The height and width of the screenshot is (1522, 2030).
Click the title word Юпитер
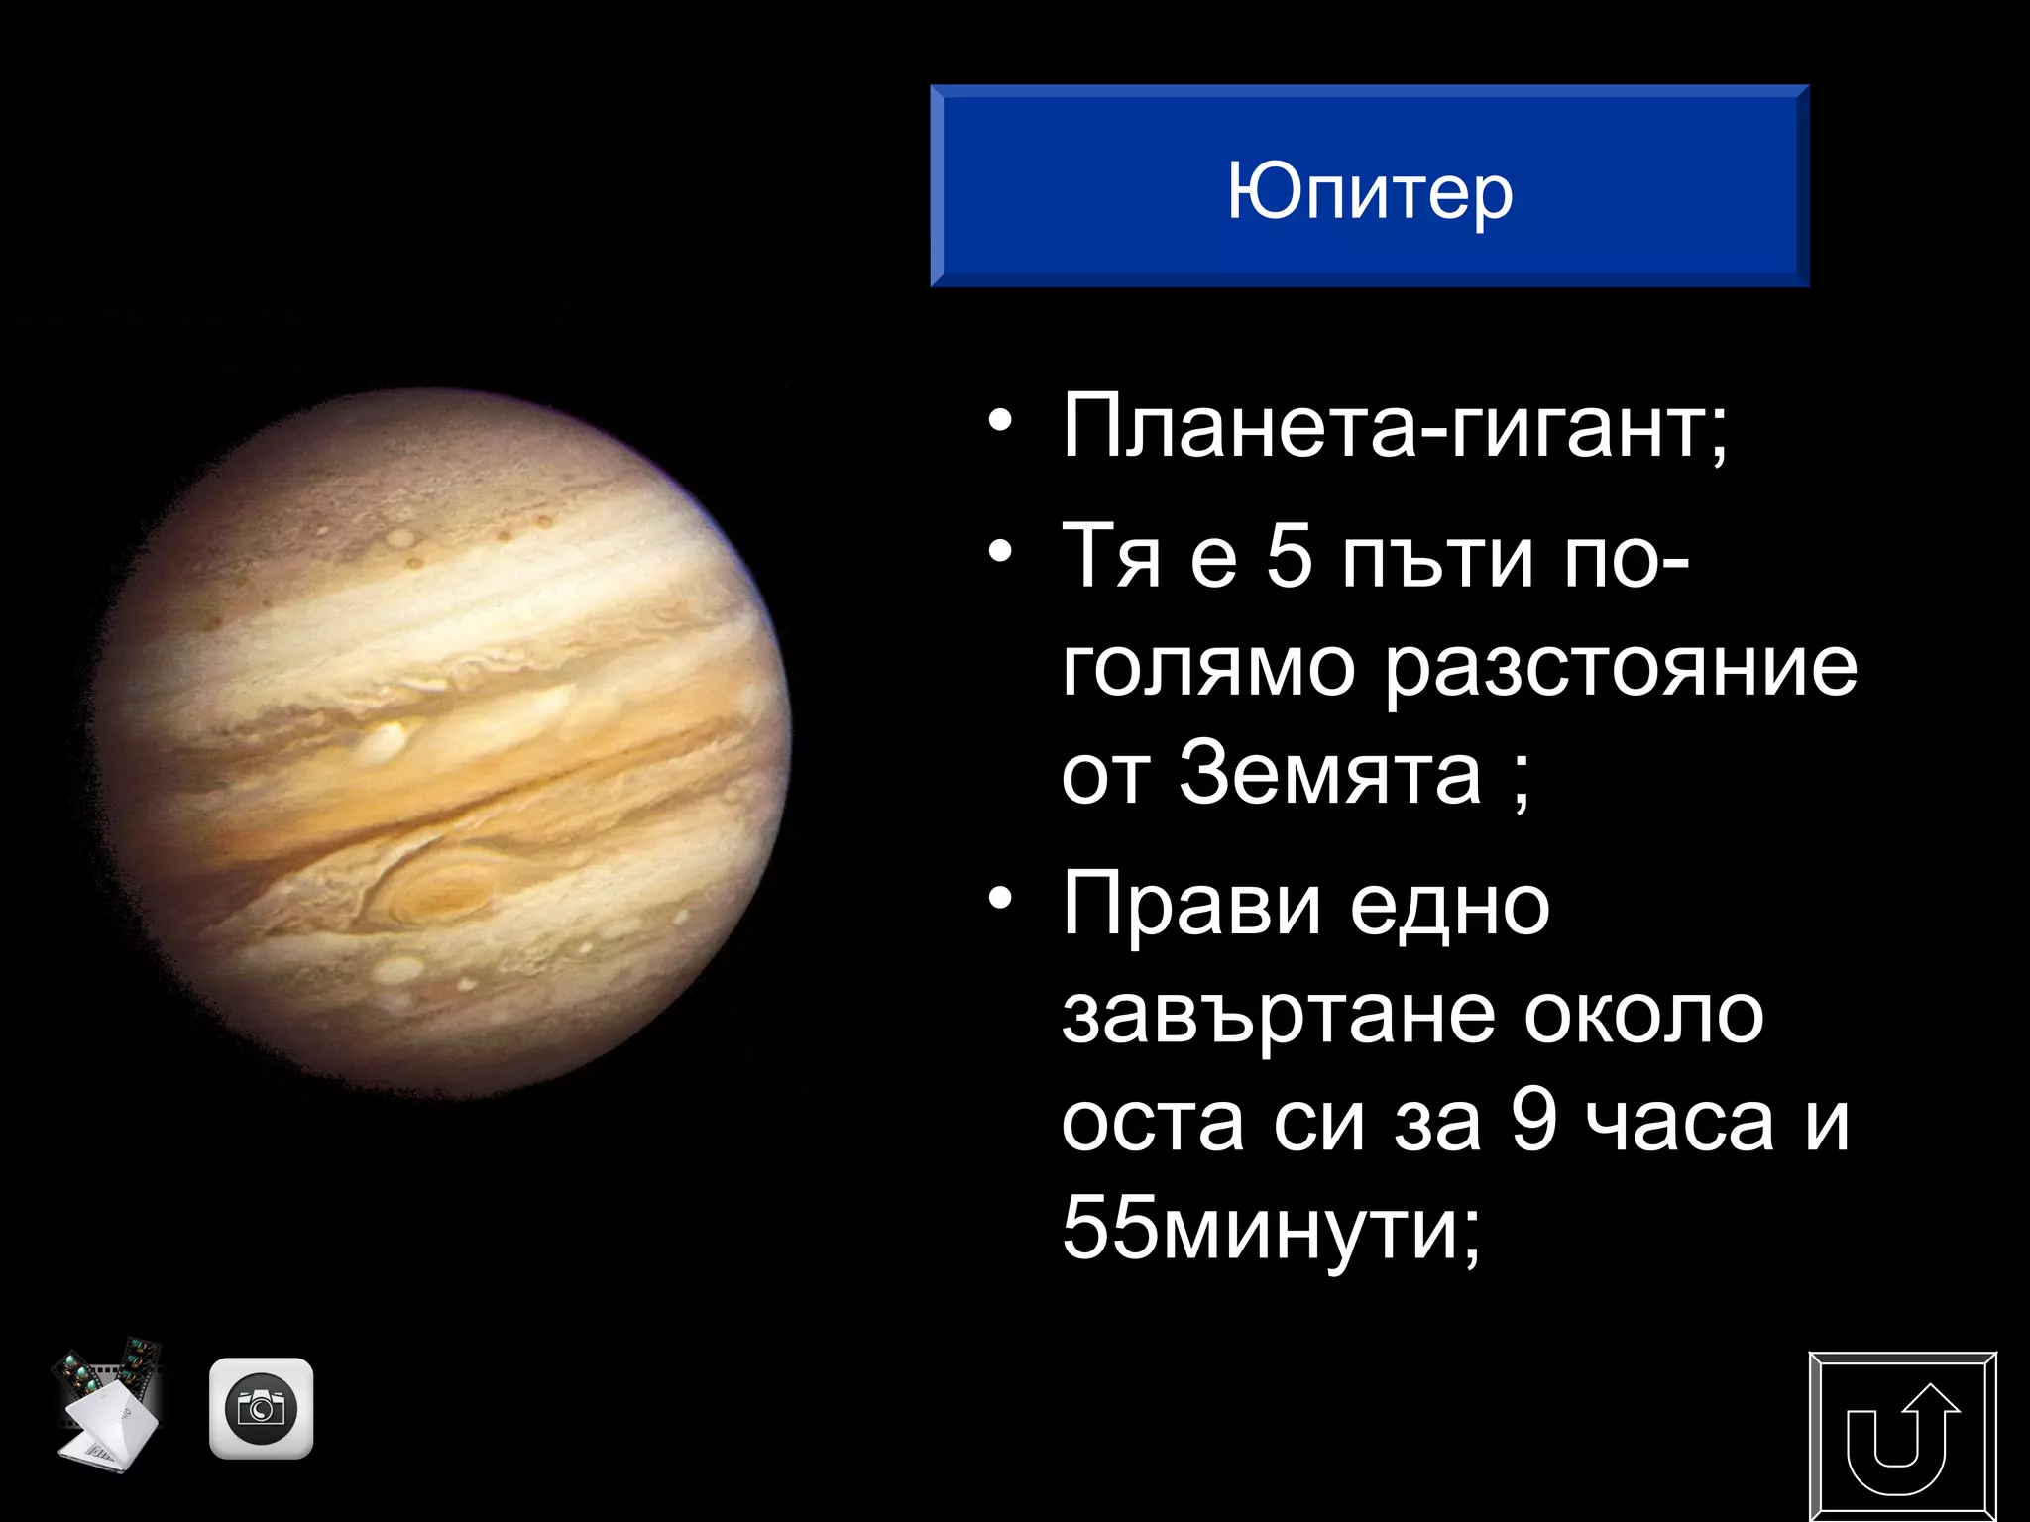pyautogui.click(x=1370, y=191)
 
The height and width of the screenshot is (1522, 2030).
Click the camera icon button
pyautogui.click(x=262, y=1408)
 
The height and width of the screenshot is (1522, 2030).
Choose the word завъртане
pyautogui.click(x=1278, y=1015)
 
